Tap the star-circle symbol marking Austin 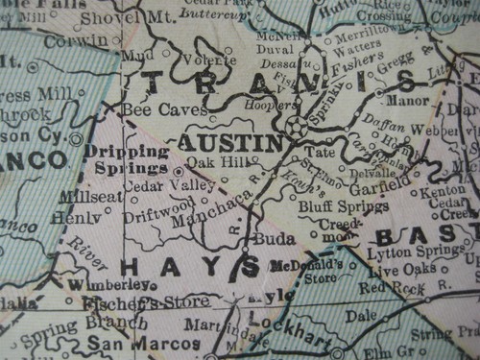[297, 126]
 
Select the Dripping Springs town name [128, 159]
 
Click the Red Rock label [393, 287]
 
